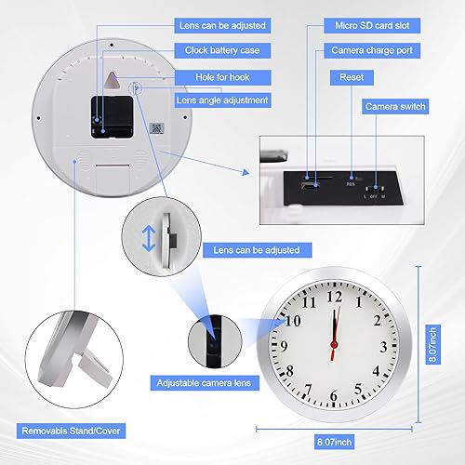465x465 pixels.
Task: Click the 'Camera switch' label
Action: pos(395,108)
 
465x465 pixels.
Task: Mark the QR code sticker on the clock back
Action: pos(157,130)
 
